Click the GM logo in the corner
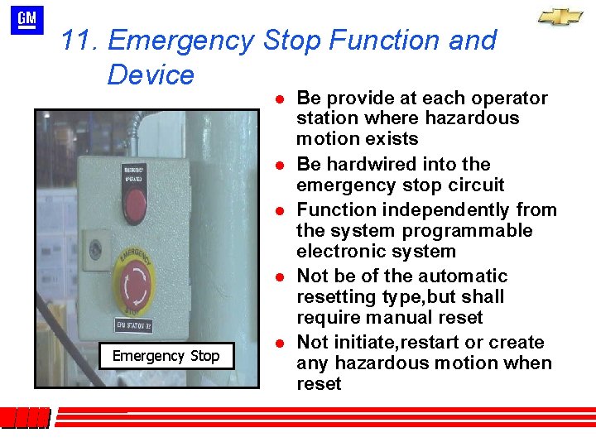[x=27, y=19]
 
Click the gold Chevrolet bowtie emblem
[x=560, y=17]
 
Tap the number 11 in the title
[x=79, y=40]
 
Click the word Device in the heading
[x=150, y=75]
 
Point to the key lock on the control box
[x=95, y=248]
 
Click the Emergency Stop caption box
[x=166, y=356]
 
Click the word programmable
[x=463, y=230]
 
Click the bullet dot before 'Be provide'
[x=281, y=99]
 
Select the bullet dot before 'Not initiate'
[x=281, y=343]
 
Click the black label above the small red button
[x=134, y=174]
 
